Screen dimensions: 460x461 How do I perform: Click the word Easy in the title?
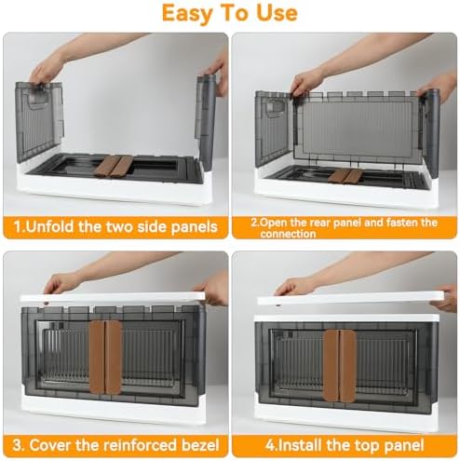(x=186, y=13)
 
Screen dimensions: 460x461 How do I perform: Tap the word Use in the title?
(x=277, y=13)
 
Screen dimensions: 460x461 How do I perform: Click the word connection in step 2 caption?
(x=288, y=234)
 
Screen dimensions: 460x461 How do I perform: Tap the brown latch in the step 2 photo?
(x=345, y=176)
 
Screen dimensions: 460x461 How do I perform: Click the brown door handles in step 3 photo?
(x=105, y=357)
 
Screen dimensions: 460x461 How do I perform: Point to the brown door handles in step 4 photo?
(x=339, y=366)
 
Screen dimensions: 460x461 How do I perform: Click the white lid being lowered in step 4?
(x=351, y=298)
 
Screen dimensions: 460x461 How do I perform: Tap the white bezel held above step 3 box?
(x=113, y=297)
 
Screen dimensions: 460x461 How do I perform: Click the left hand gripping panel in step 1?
(x=46, y=71)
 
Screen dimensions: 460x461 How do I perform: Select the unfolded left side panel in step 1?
(x=38, y=122)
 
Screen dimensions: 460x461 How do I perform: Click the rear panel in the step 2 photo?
(x=357, y=128)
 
